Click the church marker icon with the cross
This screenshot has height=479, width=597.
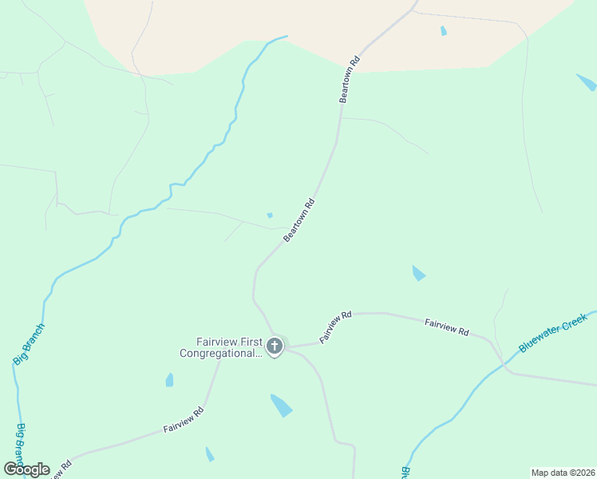tap(275, 346)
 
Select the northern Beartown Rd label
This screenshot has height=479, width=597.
tap(350, 79)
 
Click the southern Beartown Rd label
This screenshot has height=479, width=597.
tap(299, 221)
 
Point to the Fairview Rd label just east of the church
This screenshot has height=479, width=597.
tap(335, 327)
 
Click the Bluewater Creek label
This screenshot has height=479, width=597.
tap(553, 333)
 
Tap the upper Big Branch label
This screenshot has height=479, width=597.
tap(29, 344)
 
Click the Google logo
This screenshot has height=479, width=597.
tap(26, 469)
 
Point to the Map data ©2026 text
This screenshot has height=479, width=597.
tap(563, 472)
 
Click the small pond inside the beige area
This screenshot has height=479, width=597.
tap(444, 31)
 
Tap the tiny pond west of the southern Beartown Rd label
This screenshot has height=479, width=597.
tap(270, 215)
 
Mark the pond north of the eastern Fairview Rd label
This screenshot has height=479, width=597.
tap(418, 273)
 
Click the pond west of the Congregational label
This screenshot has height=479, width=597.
tap(169, 380)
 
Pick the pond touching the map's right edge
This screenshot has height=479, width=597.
tap(587, 82)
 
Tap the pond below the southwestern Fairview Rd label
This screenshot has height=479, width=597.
tap(209, 454)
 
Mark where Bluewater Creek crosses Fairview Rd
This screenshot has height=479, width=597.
tap(503, 363)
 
